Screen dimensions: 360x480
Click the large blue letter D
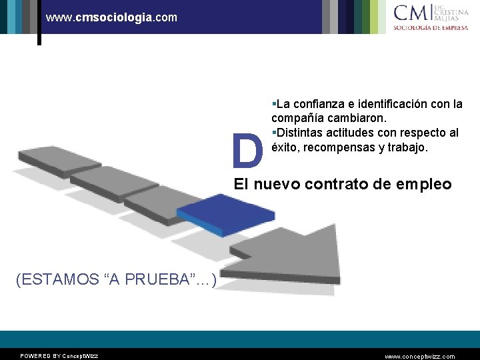247,151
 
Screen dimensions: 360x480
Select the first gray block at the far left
49,157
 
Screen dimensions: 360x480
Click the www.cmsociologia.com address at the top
112,17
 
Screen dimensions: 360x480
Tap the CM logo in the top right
411,13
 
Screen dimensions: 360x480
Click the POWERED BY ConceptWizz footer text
59,356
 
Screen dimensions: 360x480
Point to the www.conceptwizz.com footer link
421,356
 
